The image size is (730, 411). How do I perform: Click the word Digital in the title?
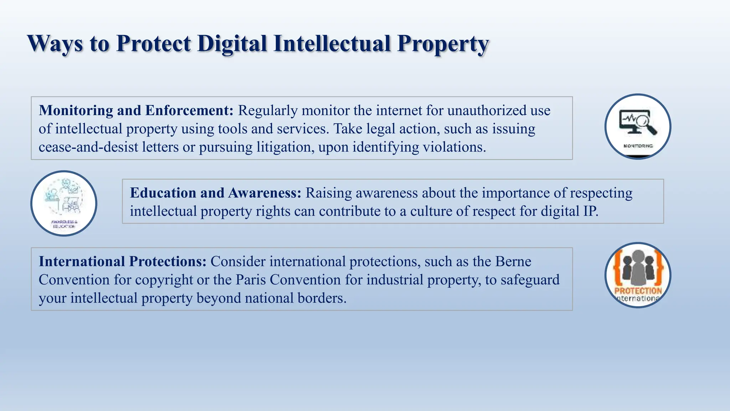pyautogui.click(x=232, y=44)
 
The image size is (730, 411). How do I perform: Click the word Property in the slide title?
pyautogui.click(x=443, y=44)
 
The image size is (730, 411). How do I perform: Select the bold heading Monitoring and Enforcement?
pyautogui.click(x=136, y=111)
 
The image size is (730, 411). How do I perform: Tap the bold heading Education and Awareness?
pyautogui.click(x=215, y=193)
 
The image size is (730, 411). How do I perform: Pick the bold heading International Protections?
pyautogui.click(x=122, y=262)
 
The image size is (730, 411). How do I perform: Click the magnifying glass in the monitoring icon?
pyautogui.click(x=646, y=123)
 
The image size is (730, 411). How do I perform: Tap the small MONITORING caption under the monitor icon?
pyautogui.click(x=638, y=146)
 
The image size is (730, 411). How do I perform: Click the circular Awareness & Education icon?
pyautogui.click(x=64, y=203)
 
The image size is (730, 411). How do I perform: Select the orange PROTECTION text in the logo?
pyautogui.click(x=638, y=291)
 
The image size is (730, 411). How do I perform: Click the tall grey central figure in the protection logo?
pyautogui.click(x=638, y=268)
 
